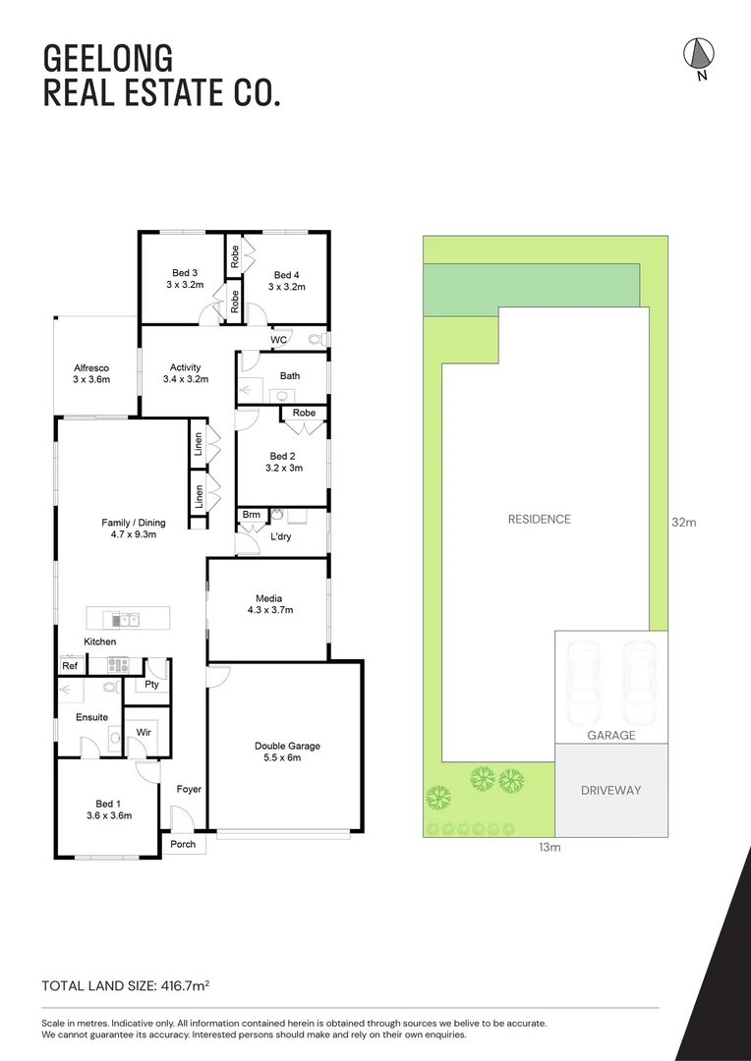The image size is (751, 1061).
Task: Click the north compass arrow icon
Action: point(699,55)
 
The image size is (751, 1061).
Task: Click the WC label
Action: point(278,340)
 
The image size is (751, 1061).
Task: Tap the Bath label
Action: point(290,375)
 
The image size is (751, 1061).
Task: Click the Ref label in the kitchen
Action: point(70,666)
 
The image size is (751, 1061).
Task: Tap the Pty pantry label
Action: point(151,684)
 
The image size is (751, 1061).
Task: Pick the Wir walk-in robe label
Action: point(143,733)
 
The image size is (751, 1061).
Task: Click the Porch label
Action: point(183,844)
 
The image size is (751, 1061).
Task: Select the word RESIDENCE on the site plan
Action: point(539,519)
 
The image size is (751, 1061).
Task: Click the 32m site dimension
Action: point(684,523)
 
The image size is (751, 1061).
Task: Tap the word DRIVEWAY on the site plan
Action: point(609,790)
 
